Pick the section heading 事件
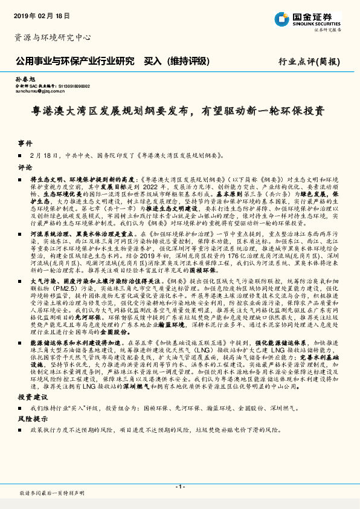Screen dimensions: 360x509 point(25,144)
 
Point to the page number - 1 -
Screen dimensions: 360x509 point(179,487)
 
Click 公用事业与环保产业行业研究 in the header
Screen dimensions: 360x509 point(74,61)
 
